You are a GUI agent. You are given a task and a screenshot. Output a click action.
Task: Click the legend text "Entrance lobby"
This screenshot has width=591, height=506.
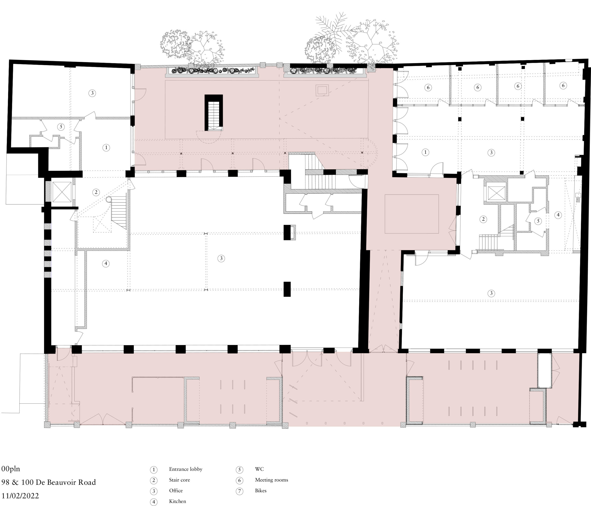click(185, 469)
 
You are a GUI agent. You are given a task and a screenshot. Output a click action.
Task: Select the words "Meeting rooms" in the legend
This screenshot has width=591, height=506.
click(271, 480)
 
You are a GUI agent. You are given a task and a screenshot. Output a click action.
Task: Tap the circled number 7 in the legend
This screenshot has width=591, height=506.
click(239, 491)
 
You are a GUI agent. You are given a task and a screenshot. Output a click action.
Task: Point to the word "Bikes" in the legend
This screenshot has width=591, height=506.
click(261, 491)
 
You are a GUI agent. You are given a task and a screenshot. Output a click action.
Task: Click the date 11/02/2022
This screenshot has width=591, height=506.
click(20, 495)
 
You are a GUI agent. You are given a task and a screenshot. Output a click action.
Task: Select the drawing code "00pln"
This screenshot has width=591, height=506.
click(11, 469)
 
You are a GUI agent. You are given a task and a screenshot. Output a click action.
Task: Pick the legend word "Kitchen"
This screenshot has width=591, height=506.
click(177, 501)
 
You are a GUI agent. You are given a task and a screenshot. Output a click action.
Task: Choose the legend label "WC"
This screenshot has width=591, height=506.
click(259, 469)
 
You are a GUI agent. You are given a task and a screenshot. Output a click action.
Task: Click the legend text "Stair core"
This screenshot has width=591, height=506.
click(179, 480)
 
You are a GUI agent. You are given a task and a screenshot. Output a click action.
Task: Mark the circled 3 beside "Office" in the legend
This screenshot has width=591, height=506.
click(154, 491)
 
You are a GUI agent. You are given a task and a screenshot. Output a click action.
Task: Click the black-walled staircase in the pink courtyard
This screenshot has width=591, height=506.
click(214, 113)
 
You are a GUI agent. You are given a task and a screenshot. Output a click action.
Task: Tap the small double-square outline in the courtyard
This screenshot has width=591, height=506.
click(322, 90)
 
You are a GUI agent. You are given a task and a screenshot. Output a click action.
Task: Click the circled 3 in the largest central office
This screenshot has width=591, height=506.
click(221, 259)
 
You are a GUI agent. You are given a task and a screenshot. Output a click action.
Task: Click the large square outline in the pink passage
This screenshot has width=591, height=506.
click(412, 214)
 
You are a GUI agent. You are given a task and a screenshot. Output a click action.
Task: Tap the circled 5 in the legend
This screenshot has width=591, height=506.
click(239, 469)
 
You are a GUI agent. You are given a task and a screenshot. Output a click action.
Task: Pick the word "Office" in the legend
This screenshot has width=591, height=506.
click(176, 491)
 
